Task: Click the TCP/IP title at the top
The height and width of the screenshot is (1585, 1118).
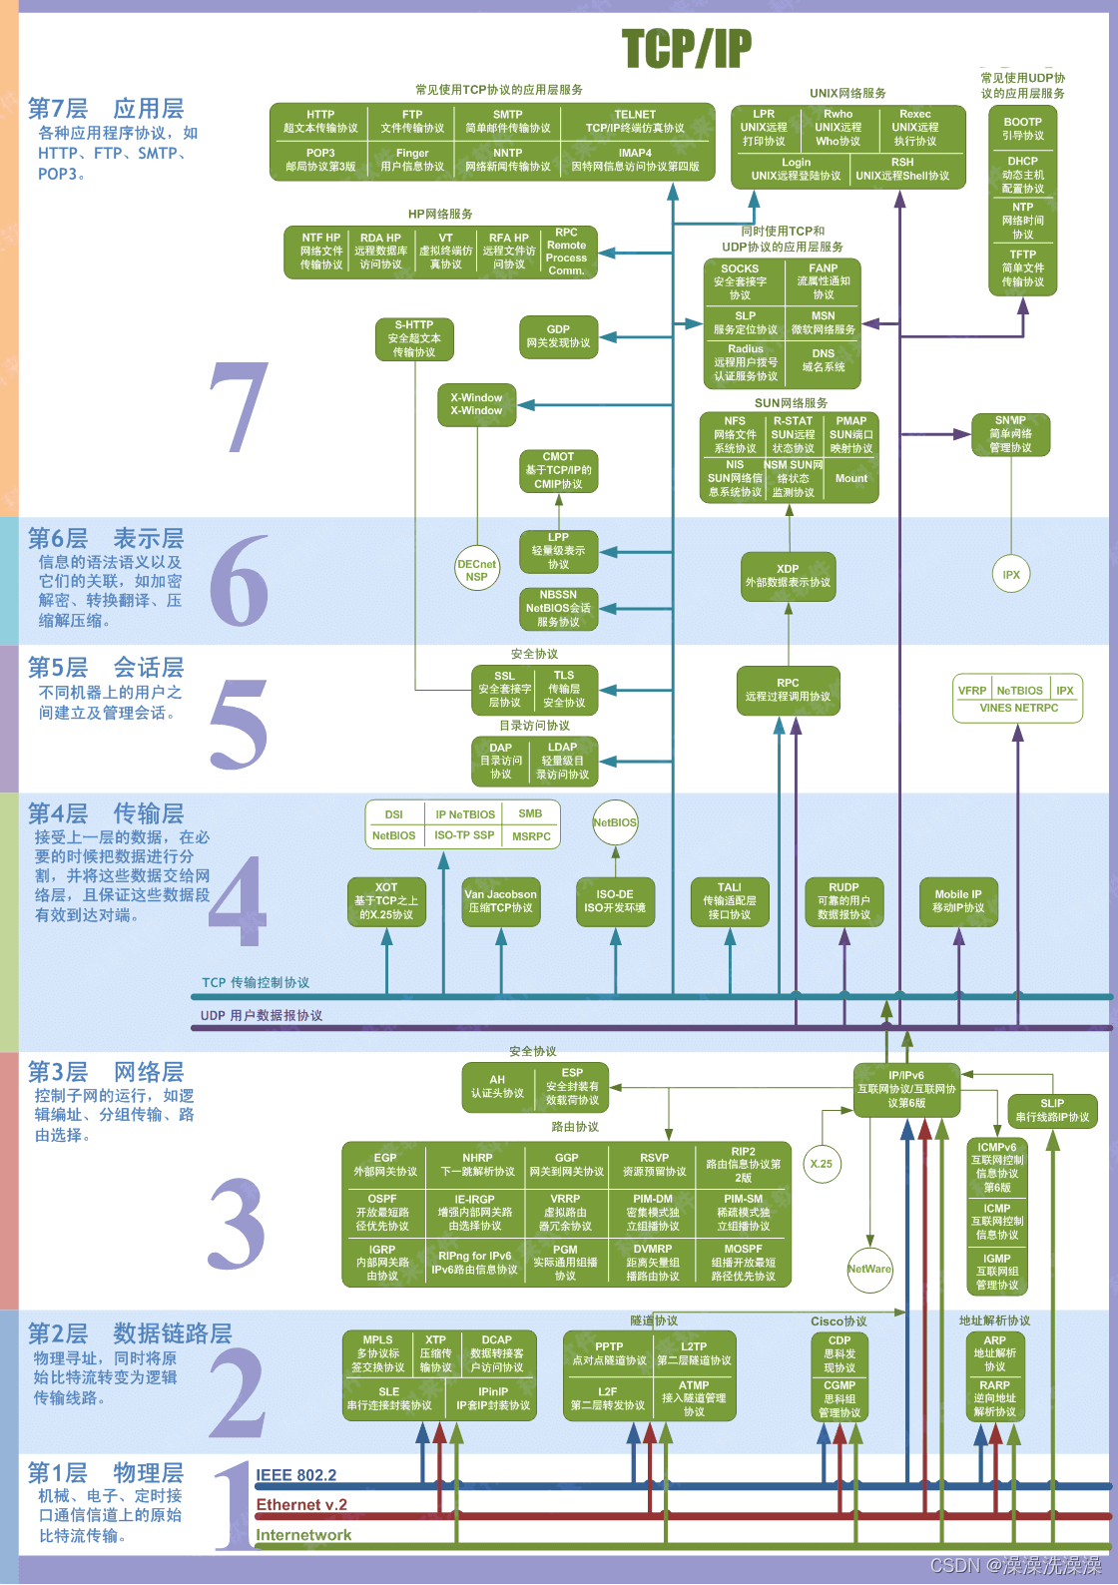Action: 687,48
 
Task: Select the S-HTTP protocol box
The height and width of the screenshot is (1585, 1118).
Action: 414,338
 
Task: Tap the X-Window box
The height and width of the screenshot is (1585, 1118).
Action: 476,404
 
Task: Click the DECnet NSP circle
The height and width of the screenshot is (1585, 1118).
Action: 476,570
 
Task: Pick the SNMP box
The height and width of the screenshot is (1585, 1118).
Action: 1010,434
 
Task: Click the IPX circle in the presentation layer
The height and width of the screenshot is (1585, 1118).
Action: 1011,574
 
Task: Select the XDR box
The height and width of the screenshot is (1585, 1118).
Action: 788,576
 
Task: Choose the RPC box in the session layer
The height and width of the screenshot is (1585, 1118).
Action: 788,690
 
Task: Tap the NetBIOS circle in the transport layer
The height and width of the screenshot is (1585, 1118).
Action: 615,822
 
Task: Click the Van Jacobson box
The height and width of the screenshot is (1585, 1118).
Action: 500,901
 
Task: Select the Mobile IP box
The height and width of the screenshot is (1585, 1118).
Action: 957,901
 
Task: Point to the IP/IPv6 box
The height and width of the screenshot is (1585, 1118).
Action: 906,1089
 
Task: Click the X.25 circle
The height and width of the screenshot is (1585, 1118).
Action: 822,1164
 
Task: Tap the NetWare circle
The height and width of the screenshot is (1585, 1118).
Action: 869,1269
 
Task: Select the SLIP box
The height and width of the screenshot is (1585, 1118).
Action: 1052,1110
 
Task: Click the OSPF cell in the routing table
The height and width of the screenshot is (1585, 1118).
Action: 382,1212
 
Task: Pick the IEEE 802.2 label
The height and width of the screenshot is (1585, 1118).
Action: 296,1475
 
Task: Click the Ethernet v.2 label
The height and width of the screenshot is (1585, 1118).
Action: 301,1505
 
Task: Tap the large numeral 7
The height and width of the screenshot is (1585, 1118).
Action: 240,407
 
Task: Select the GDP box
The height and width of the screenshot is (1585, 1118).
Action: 558,336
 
